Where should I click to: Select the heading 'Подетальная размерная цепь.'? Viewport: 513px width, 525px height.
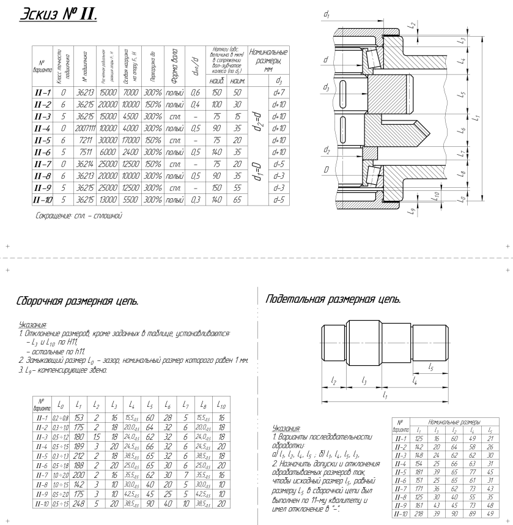[333, 300]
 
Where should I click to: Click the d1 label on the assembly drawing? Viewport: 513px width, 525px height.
[327, 13]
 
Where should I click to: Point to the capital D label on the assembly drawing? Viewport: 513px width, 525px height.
[327, 168]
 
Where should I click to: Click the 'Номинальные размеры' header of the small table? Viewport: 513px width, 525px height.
[451, 422]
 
